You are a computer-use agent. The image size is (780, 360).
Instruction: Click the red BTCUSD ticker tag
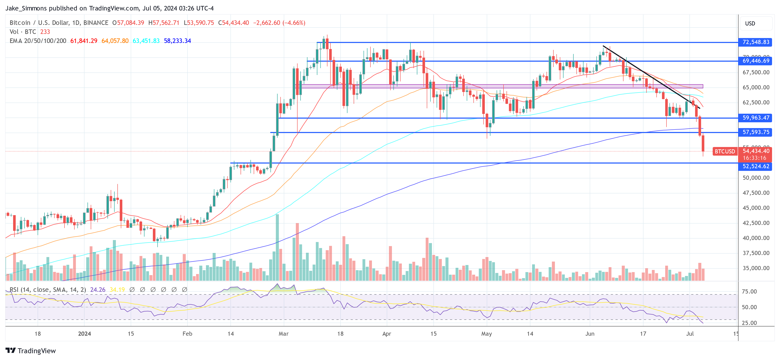(725, 151)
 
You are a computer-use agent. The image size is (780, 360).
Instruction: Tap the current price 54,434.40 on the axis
(756, 151)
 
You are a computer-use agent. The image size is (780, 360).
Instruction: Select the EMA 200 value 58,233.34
(177, 41)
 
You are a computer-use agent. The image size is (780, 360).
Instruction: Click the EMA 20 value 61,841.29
(84, 41)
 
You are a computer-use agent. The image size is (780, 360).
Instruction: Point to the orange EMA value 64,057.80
(115, 41)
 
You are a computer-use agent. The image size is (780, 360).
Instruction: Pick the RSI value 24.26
(98, 290)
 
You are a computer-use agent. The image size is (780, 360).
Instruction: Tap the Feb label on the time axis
(187, 334)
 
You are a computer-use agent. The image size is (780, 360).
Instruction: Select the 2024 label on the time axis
(84, 334)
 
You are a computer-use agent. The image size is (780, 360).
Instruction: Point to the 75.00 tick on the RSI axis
(749, 292)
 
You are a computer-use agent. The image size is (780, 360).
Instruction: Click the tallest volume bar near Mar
(277, 247)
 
